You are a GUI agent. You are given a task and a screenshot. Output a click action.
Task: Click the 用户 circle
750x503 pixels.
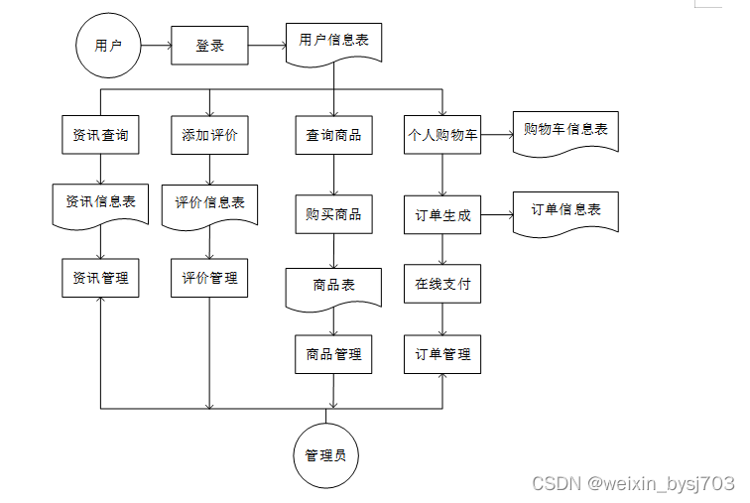(108, 46)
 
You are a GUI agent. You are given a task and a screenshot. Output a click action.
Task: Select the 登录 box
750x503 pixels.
(209, 46)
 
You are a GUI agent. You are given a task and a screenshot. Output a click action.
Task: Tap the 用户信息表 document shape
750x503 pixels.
(334, 43)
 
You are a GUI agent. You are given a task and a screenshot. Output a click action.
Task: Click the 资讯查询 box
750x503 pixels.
(100, 135)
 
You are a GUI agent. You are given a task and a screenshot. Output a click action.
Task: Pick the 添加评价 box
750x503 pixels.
(209, 135)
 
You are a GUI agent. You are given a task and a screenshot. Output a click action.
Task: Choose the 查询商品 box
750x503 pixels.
(334, 135)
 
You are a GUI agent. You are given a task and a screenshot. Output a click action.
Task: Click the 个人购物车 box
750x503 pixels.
(442, 135)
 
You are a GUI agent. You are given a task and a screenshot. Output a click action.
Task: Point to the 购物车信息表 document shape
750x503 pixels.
(565, 133)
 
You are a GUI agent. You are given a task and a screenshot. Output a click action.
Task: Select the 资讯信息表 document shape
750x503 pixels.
(100, 205)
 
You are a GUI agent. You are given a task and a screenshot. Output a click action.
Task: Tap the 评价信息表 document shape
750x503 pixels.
(209, 206)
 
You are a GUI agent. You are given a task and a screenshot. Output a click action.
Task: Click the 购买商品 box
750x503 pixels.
(334, 214)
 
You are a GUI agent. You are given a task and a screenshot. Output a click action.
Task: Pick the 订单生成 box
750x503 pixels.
(442, 214)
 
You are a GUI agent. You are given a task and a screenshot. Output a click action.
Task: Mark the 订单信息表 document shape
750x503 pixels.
(565, 213)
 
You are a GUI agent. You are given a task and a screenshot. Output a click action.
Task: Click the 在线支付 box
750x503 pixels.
(442, 284)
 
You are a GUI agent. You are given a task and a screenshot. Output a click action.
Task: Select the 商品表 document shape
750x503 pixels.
(334, 289)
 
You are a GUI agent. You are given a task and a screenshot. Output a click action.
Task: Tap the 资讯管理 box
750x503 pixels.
(100, 278)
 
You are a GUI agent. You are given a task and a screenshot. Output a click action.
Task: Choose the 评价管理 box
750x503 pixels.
(209, 278)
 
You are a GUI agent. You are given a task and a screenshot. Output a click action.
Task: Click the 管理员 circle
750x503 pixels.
(325, 455)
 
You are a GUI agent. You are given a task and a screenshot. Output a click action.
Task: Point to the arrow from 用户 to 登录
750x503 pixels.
(156, 46)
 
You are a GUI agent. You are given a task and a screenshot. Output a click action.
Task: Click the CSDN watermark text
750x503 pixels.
(633, 483)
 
